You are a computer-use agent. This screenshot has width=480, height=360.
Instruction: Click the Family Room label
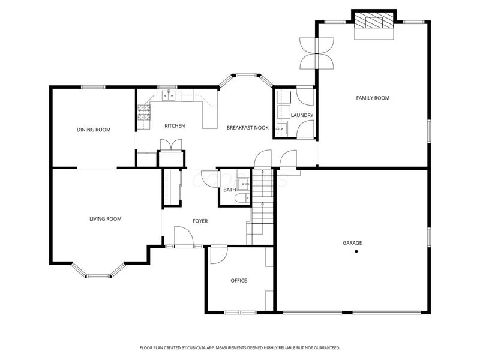373,98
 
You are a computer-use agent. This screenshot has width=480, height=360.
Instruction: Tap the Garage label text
352,243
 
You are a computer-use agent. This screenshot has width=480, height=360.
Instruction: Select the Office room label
239,280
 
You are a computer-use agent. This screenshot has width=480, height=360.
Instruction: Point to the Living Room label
106,219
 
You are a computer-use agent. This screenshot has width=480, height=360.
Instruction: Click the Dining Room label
94,130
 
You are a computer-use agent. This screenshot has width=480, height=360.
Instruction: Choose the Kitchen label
175,125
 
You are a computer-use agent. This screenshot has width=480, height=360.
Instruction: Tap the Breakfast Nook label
247,128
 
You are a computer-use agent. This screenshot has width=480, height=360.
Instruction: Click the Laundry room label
302,115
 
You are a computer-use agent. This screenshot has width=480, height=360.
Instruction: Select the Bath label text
230,190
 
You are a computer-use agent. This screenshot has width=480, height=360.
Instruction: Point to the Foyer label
200,221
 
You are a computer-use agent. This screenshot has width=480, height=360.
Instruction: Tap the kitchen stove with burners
144,112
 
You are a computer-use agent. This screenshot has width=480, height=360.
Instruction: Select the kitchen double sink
167,95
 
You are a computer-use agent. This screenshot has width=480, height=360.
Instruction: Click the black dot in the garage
356,251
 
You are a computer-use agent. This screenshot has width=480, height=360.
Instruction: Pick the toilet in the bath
241,199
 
